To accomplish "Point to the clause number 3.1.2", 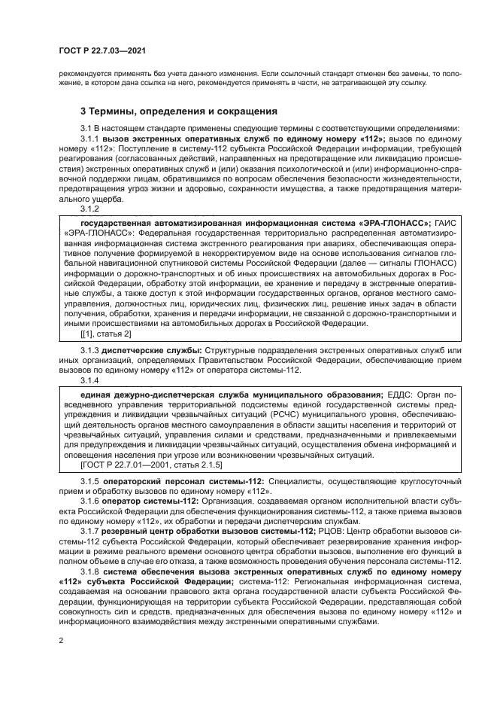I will click(x=90, y=209).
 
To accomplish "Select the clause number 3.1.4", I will click(x=90, y=380).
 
